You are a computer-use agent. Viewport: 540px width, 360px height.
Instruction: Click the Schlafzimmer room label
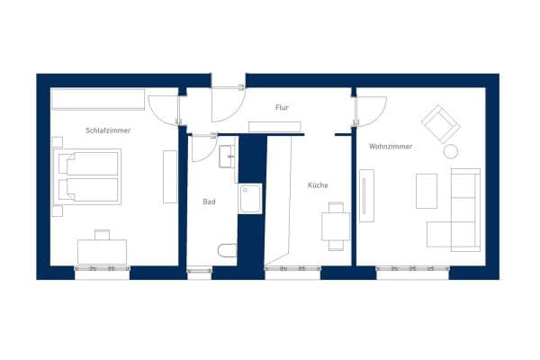tap(108, 130)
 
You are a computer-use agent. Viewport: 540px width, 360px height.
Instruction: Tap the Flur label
tap(282, 108)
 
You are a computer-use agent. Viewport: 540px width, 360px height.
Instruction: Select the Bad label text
tap(209, 202)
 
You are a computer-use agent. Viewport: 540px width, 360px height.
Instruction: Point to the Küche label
tap(318, 185)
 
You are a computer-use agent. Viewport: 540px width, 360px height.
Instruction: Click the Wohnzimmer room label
tap(390, 146)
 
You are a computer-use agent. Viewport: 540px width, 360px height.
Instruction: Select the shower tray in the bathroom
tap(249, 198)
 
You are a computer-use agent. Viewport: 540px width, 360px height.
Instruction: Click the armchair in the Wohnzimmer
tap(440, 124)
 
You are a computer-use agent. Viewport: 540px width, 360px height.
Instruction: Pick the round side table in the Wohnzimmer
tap(450, 151)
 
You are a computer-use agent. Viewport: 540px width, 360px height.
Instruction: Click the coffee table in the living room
tap(426, 191)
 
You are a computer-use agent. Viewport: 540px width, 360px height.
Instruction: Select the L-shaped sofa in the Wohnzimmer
tap(461, 216)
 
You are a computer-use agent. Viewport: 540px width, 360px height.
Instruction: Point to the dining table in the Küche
tap(337, 226)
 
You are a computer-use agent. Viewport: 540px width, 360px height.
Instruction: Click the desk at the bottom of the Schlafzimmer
tap(102, 249)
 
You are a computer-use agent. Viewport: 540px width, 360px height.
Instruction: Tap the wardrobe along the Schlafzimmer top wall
tap(97, 98)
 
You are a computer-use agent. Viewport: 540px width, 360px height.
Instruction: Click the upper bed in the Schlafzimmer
tap(88, 163)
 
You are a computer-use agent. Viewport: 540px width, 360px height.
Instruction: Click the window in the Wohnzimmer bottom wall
tap(412, 270)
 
